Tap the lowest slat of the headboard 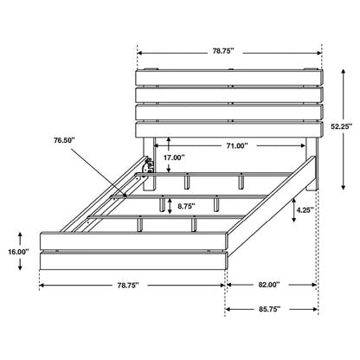click(x=229, y=129)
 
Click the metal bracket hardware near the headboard click(x=148, y=162)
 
